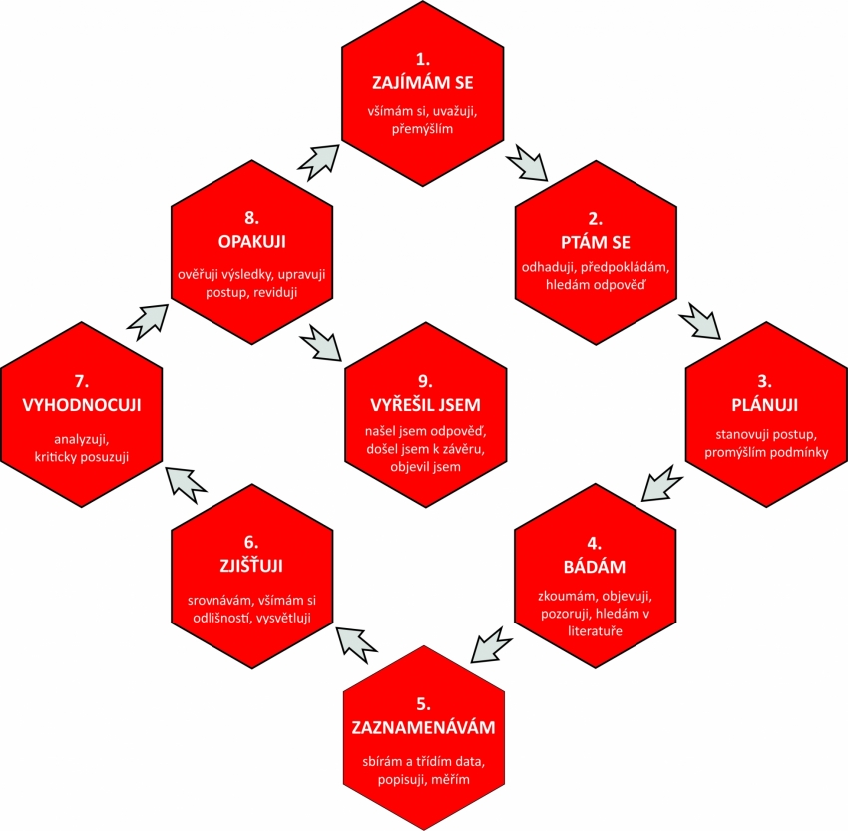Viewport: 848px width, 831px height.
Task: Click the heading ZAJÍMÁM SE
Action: pyautogui.click(x=422, y=82)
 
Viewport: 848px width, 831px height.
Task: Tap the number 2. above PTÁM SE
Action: pyautogui.click(x=595, y=218)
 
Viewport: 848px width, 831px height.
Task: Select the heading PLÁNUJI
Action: pyautogui.click(x=765, y=405)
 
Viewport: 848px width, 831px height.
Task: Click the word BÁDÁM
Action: pyautogui.click(x=595, y=566)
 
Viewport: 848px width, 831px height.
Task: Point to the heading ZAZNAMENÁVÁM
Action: pyautogui.click(x=423, y=727)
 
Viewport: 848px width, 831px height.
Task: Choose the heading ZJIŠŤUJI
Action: pyautogui.click(x=251, y=565)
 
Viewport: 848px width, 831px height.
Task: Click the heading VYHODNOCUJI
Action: pyautogui.click(x=82, y=405)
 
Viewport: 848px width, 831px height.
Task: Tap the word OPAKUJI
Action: pyautogui.click(x=252, y=241)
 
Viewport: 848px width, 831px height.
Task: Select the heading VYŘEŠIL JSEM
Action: pyautogui.click(x=425, y=404)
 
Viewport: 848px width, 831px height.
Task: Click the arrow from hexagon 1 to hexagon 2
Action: pyautogui.click(x=528, y=162)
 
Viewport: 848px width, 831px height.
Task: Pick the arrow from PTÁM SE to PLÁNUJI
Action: pyautogui.click(x=700, y=321)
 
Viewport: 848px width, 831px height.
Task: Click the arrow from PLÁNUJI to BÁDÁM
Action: pyautogui.click(x=662, y=482)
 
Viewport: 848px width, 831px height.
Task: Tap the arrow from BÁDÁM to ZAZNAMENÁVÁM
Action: pyautogui.click(x=491, y=644)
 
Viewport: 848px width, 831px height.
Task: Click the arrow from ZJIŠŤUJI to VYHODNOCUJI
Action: pyautogui.click(x=186, y=485)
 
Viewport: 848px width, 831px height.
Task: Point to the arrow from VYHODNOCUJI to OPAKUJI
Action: pyautogui.click(x=148, y=322)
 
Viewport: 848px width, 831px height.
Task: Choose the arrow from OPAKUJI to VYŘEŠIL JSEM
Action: pyautogui.click(x=320, y=343)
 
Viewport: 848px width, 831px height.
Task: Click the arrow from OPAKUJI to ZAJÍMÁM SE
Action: pyautogui.click(x=318, y=163)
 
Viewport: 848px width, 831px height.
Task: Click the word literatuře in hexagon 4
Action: pyautogui.click(x=595, y=630)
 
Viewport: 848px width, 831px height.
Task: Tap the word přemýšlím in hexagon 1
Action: pyautogui.click(x=422, y=129)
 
